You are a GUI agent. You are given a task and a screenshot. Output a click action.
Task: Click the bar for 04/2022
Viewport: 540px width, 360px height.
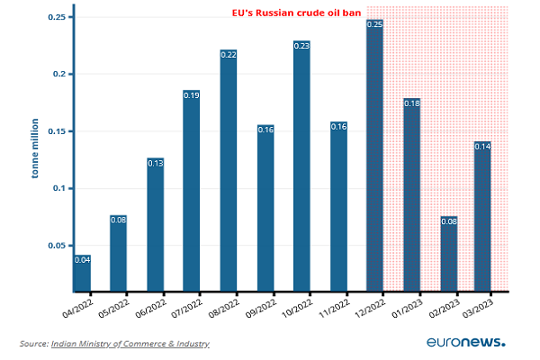point(82,273)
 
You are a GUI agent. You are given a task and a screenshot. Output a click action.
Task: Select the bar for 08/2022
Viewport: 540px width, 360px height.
point(229,171)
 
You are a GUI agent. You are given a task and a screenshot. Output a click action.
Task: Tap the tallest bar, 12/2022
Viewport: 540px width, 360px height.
point(375,157)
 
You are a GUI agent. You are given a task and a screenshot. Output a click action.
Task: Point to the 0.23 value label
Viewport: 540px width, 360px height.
point(301,45)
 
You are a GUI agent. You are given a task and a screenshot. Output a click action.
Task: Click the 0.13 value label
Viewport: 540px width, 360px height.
point(156,163)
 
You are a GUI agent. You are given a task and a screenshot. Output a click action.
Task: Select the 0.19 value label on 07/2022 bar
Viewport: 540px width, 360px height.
point(192,94)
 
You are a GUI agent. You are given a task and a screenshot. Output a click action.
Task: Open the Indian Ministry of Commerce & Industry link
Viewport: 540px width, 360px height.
point(130,344)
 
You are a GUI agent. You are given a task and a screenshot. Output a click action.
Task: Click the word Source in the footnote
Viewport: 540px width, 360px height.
point(33,344)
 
